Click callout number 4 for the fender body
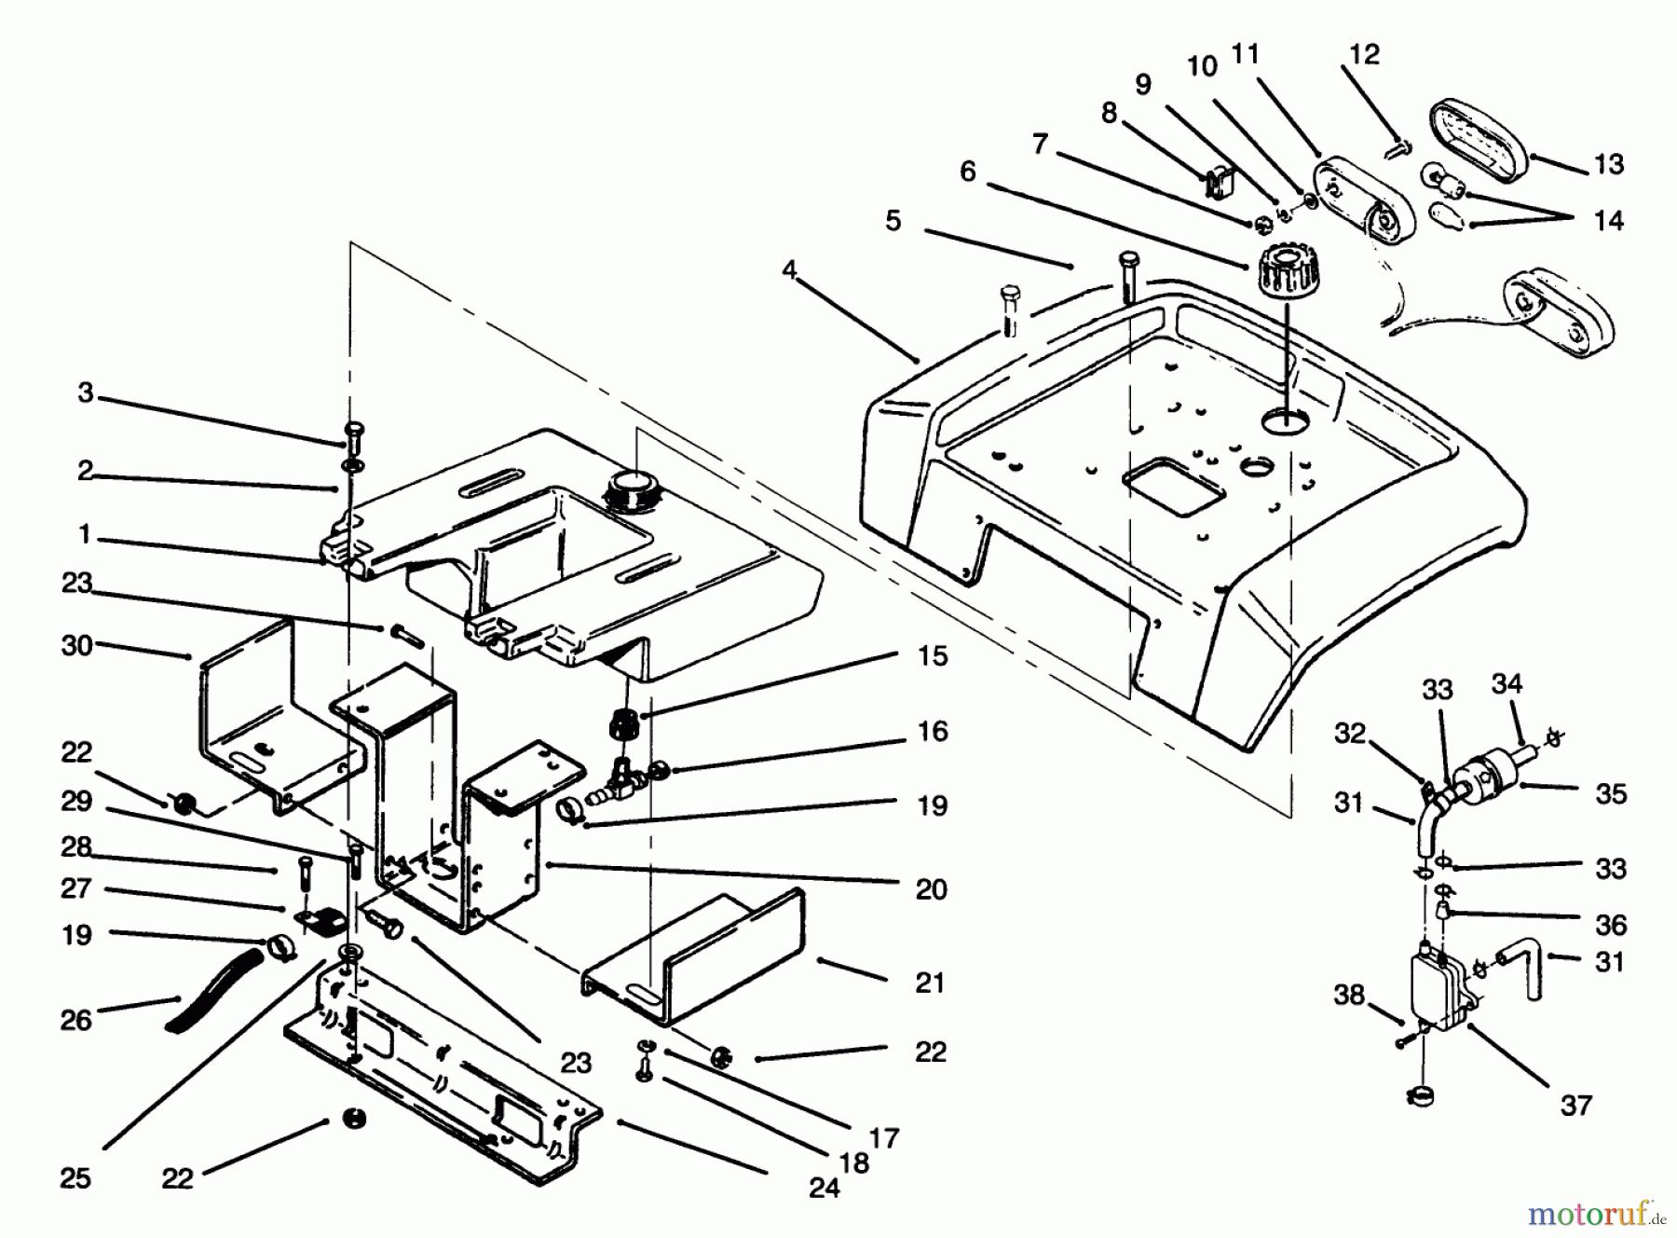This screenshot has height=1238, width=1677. (789, 270)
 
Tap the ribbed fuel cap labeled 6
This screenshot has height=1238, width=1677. (1285, 272)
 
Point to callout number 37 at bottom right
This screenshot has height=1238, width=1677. (1576, 1106)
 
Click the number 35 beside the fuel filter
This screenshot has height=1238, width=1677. (1611, 794)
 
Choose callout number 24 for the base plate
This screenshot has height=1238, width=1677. (825, 1188)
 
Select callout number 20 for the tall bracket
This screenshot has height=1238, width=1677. (931, 889)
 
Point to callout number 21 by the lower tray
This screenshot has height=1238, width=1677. (930, 983)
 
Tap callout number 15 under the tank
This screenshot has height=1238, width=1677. (933, 655)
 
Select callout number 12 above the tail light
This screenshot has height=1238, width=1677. (1364, 54)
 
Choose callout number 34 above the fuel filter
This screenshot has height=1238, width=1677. (1507, 683)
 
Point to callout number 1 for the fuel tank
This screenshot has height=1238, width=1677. (85, 534)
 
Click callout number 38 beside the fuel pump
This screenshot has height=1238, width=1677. (1349, 995)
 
